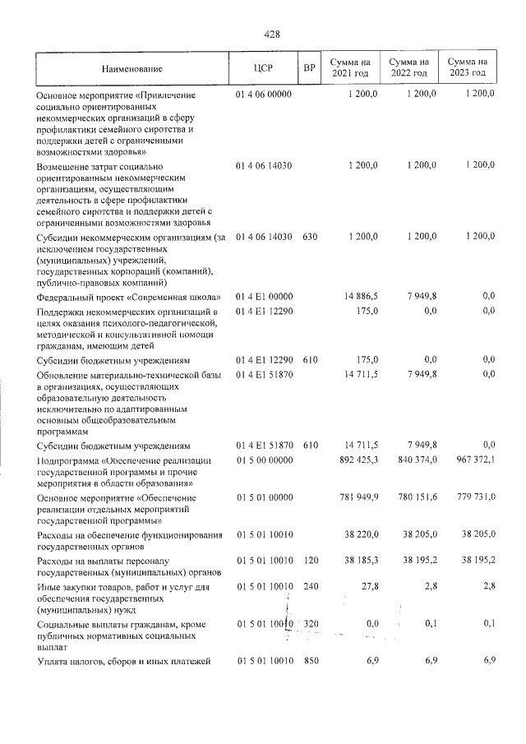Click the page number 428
272,34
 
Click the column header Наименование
132,68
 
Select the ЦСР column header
263,68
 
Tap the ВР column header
309,68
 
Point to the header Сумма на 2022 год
408,68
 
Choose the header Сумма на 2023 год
468,68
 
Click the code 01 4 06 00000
263,95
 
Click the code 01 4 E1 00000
263,296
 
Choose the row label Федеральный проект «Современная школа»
127,297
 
